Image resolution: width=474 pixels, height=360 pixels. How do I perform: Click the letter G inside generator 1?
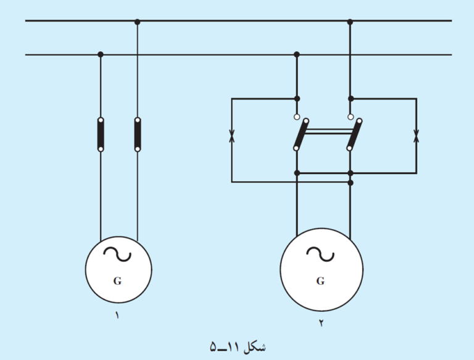[x=118, y=281]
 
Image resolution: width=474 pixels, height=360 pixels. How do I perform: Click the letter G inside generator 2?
[x=320, y=281]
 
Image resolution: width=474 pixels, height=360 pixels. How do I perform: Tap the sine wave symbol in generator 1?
[x=117, y=254]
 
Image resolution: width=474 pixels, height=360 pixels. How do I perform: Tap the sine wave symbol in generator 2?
[x=320, y=254]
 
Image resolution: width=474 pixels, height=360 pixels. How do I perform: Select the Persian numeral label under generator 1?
[x=117, y=315]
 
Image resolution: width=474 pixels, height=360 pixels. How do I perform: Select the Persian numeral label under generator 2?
[x=321, y=323]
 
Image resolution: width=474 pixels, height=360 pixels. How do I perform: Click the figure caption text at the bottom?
[x=238, y=347]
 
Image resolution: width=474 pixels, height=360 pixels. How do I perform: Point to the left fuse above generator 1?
[x=101, y=135]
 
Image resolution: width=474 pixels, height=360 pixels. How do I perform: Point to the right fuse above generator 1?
[x=138, y=135]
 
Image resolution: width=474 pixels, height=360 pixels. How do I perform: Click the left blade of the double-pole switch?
[x=301, y=135]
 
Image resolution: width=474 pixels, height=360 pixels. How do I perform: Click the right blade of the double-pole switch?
[x=354, y=135]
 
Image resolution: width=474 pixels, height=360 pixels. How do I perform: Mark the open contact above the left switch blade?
[x=297, y=117]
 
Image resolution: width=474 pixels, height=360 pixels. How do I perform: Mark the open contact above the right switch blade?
[x=351, y=117]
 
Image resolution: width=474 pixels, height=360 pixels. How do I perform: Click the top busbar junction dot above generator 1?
[x=137, y=22]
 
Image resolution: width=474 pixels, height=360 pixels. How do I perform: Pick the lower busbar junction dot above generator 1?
[x=101, y=54]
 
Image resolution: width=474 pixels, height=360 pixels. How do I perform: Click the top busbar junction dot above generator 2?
[x=350, y=22]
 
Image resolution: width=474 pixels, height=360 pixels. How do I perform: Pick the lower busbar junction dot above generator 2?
[x=296, y=54]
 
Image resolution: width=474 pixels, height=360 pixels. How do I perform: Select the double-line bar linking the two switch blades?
[x=328, y=132]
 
